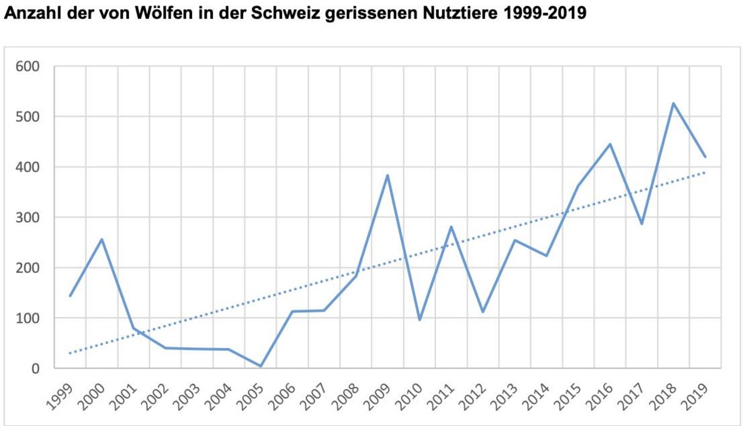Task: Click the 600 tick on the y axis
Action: coord(28,67)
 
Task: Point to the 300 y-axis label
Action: coord(28,218)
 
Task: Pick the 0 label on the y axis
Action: coord(36,369)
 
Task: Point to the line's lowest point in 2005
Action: coord(261,366)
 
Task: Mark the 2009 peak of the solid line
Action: coord(387,175)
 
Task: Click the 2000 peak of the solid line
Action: coord(102,239)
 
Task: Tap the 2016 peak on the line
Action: coord(610,144)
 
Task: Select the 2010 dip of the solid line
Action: coord(419,320)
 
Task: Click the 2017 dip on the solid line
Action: coord(641,223)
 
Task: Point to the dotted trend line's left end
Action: coord(70,353)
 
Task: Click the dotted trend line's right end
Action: coord(705,172)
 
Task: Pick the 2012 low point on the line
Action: coord(482,312)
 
